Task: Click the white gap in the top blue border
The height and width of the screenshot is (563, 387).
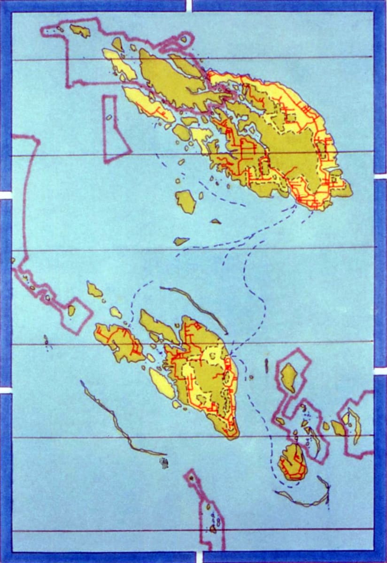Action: (189, 5)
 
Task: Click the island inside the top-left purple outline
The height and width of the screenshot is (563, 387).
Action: (80, 31)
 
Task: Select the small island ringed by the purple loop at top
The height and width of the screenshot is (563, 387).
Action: (183, 39)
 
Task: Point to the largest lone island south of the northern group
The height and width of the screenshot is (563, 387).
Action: (186, 201)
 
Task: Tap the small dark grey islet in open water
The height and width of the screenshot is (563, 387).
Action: (163, 463)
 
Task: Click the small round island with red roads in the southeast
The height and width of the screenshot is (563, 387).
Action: (292, 462)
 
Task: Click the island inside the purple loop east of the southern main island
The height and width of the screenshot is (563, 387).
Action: (288, 377)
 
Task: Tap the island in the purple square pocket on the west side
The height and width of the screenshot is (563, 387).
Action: (71, 311)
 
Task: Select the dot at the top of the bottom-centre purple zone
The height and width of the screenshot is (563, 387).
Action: (191, 478)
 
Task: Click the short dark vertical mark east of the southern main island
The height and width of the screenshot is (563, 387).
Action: (266, 365)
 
